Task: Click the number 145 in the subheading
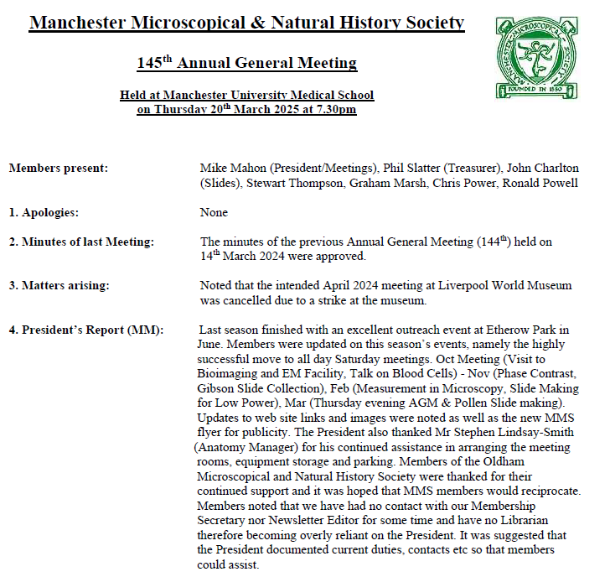[148, 63]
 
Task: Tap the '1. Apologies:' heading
[44, 212]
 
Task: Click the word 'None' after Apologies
[214, 212]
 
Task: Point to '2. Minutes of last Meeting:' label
[81, 242]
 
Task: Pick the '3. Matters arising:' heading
[59, 285]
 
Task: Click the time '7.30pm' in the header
[333, 110]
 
